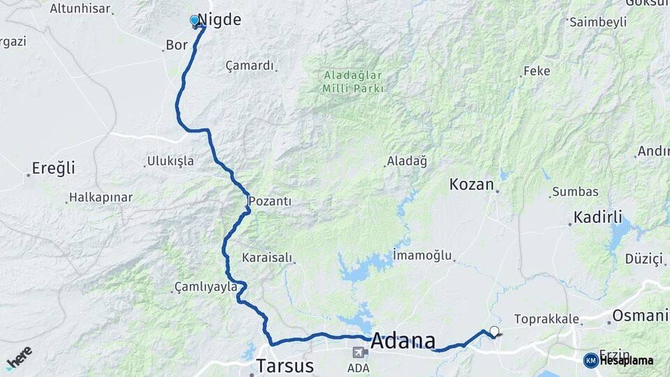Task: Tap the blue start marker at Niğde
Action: pos(195,21)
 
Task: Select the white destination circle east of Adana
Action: pos(495,332)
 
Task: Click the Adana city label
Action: pos(403,341)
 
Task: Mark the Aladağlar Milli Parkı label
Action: pos(353,82)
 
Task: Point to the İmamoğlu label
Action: pos(422,256)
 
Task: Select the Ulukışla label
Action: pos(170,161)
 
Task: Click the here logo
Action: pos(19,357)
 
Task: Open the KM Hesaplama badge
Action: pos(618,360)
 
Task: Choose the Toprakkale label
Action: pos(546,319)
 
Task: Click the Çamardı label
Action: pos(249,66)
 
